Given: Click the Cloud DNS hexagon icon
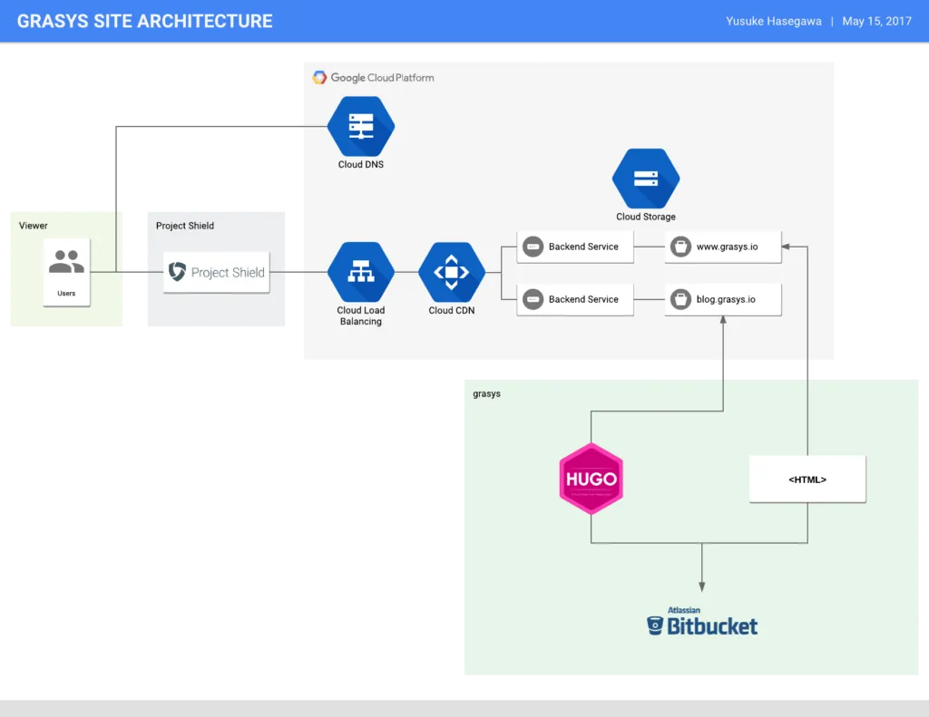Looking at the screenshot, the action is coord(361,126).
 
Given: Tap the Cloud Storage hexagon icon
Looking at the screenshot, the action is coord(646,179).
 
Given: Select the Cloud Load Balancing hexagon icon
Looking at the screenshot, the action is coord(361,272).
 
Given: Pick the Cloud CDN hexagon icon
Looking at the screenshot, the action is coord(452,272).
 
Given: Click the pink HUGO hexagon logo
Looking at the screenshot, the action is coord(592,479).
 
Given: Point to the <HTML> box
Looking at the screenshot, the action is coord(807,479).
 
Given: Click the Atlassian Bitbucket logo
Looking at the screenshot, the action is coord(702,621).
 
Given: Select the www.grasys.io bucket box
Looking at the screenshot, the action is coord(723,247).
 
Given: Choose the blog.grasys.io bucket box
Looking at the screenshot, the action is coord(723,299).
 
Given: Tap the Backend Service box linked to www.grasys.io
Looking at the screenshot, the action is coord(575,247).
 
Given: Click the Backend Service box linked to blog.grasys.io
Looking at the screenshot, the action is coord(575,299).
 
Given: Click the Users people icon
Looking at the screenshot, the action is coord(66,261).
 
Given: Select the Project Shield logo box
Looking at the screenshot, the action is coord(217,272).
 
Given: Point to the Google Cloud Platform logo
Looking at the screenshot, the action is coord(373,78).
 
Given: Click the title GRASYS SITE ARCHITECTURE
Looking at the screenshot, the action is coord(144,22).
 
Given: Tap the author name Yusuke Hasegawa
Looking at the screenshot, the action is coord(774,22).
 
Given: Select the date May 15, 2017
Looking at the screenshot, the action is coord(877,22).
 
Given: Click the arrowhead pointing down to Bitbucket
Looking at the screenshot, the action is coord(702,586).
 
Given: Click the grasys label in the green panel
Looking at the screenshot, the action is coord(486,393).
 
